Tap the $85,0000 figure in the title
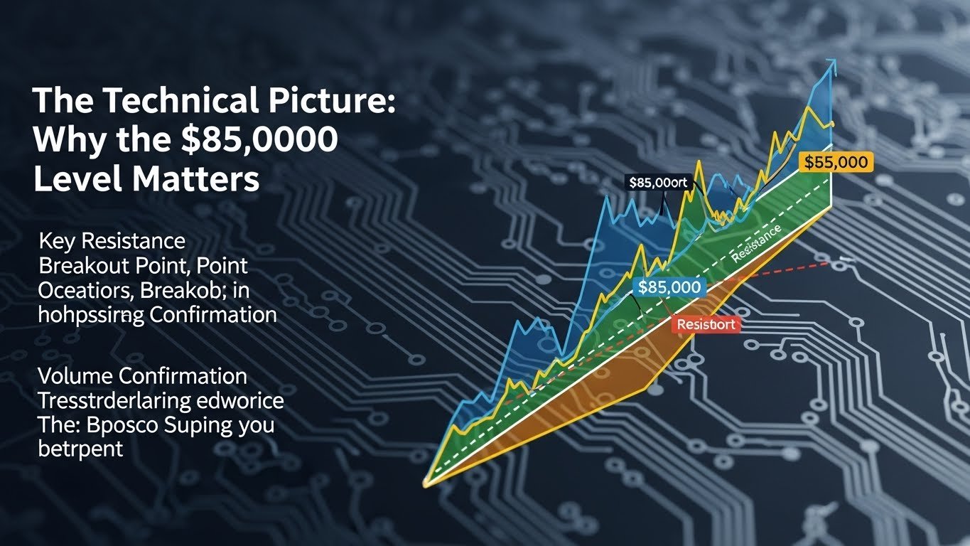pos(257,141)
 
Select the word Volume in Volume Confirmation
pos(75,376)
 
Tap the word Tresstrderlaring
pos(113,400)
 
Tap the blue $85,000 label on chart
pos(668,287)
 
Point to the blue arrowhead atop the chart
pos(831,67)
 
